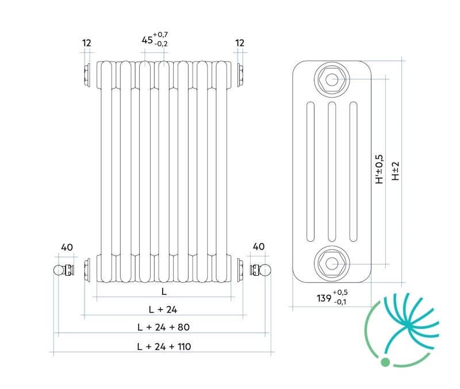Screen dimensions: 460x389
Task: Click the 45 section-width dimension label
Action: [155, 39]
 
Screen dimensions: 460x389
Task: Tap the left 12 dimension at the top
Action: [87, 43]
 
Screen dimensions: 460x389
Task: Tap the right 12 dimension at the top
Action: [240, 43]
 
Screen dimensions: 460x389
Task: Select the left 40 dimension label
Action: [67, 248]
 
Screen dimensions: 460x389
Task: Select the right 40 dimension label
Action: [258, 247]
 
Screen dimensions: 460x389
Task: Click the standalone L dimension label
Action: [164, 291]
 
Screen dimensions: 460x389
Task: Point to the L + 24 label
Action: [163, 309]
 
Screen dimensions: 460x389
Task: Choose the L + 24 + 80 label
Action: [163, 327]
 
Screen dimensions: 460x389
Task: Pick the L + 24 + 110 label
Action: [164, 347]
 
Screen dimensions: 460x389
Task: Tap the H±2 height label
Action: [396, 171]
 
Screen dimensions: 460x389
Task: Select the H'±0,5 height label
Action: [379, 169]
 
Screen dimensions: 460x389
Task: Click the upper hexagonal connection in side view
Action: [332, 79]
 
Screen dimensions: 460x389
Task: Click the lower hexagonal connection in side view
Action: [332, 263]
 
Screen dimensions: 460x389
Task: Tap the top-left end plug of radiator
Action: [87, 75]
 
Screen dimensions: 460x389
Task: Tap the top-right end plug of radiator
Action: [240, 75]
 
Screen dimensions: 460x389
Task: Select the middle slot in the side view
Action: [332, 171]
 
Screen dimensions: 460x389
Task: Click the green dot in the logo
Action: [385, 362]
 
